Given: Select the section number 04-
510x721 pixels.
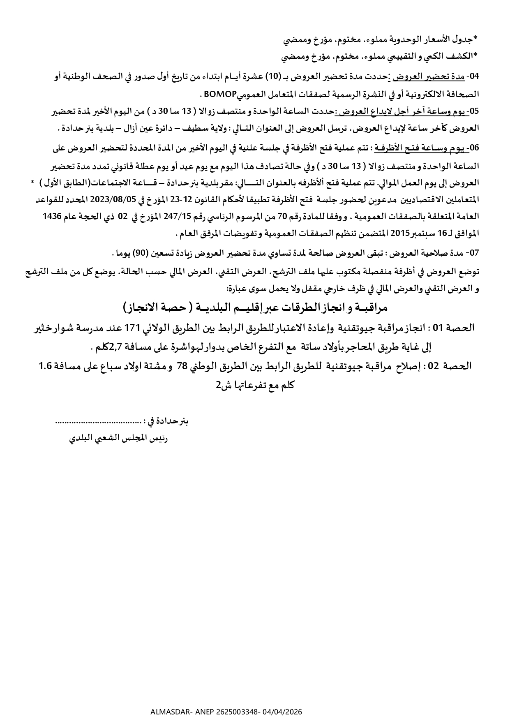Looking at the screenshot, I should tap(474, 76).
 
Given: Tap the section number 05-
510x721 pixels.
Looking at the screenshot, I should tap(474, 111).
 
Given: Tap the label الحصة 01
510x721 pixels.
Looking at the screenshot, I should tap(455, 328).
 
